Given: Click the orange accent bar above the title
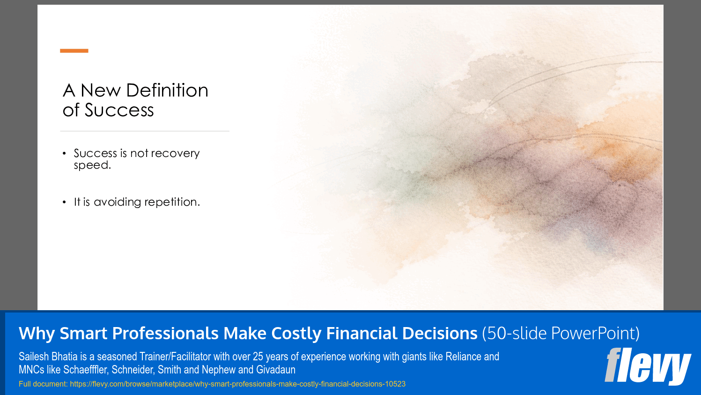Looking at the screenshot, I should click(x=74, y=51).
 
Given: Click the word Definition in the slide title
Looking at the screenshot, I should click(x=167, y=90).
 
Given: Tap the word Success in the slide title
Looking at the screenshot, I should click(x=119, y=111).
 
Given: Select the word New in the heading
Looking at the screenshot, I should click(x=101, y=90).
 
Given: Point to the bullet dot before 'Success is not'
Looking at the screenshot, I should click(x=64, y=154).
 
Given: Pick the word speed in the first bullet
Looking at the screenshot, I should click(x=91, y=165).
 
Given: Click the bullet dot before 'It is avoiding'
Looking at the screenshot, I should click(x=64, y=202).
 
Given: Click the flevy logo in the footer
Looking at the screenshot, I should click(x=648, y=366).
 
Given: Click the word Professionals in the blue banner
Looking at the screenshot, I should click(x=165, y=334).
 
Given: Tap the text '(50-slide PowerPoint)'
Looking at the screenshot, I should click(x=561, y=334).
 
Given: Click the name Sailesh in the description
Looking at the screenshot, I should click(x=34, y=357).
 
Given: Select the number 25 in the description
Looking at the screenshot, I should click(x=258, y=357).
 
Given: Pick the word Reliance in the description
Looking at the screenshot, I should click(x=463, y=357).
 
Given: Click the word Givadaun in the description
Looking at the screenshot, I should click(x=275, y=370).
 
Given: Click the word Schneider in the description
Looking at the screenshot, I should click(x=132, y=370).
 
